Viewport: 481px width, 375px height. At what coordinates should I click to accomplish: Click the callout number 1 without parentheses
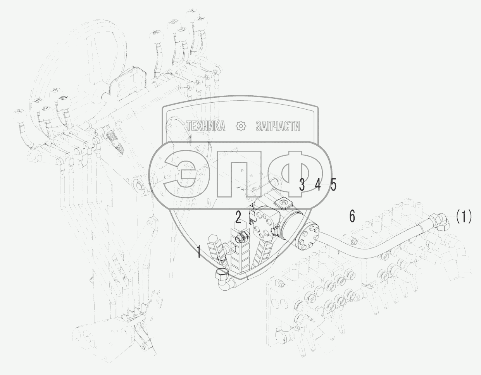point(199,253)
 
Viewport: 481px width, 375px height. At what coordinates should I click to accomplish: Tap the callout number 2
point(238,217)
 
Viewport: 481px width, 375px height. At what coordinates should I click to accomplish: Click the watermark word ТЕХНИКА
point(206,126)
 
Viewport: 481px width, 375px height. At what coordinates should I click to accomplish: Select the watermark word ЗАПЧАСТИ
point(278,126)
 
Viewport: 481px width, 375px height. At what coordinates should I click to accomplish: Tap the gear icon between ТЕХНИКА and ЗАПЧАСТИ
point(241,126)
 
